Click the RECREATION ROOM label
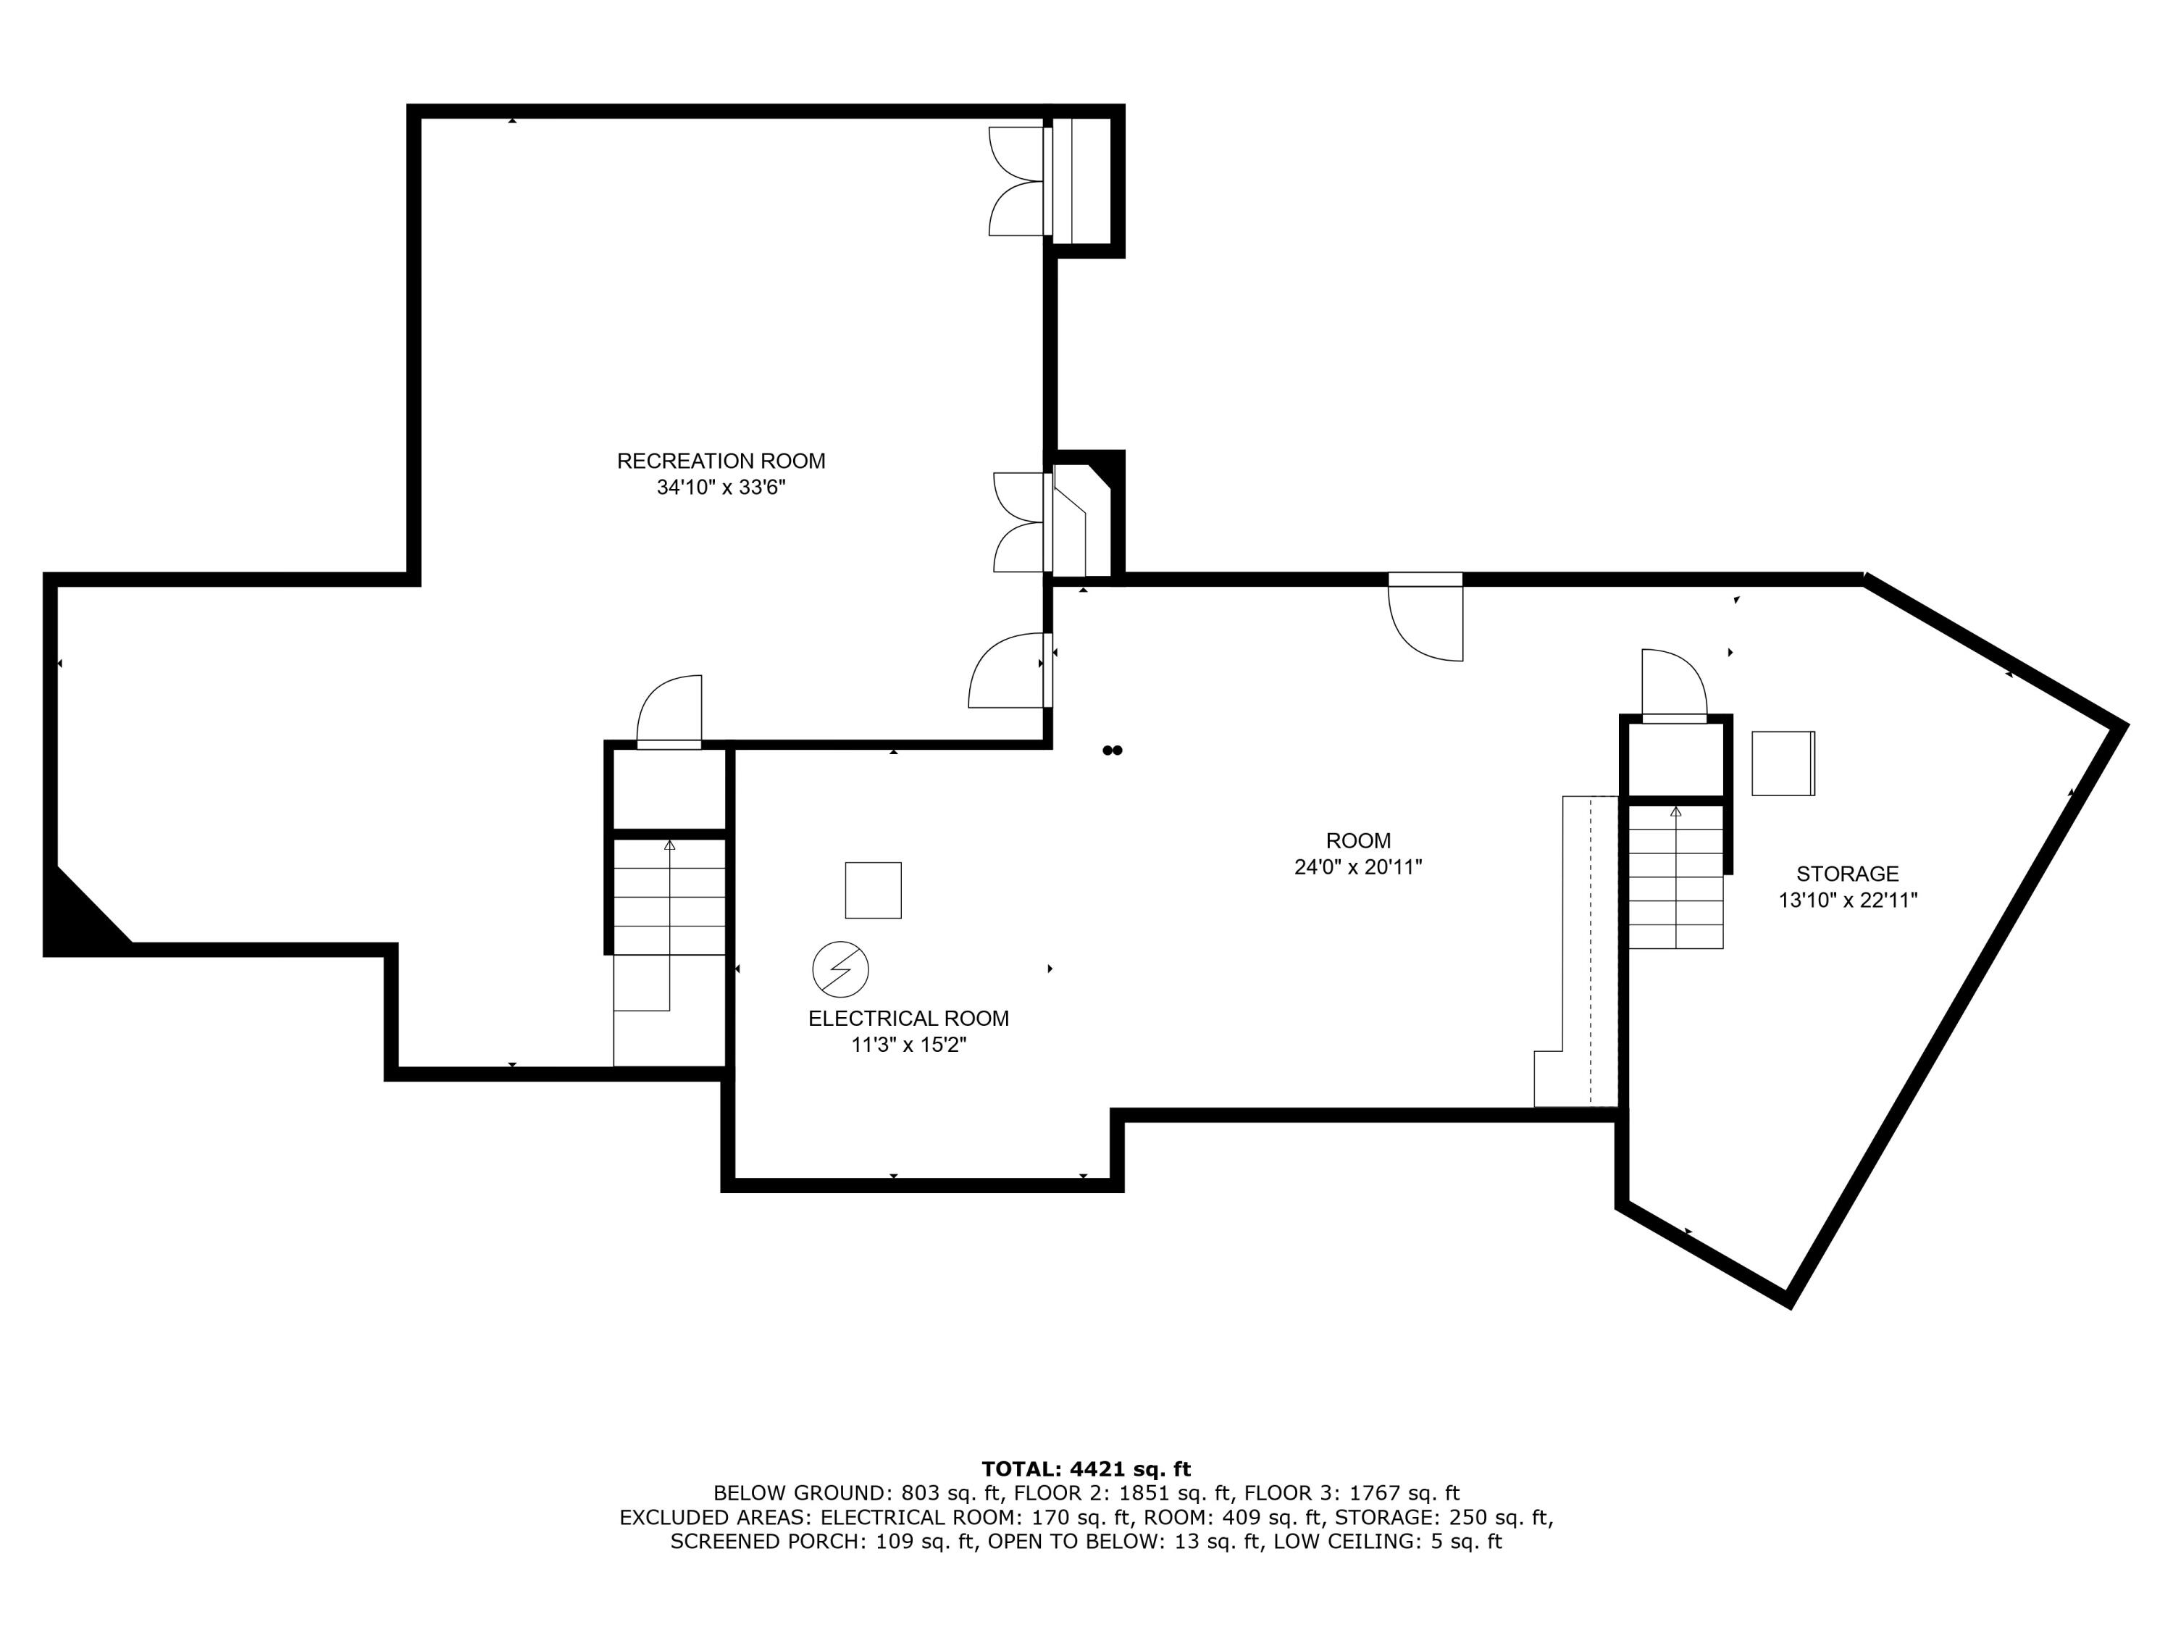tap(720, 461)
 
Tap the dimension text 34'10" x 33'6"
tap(720, 488)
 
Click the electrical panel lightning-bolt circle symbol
tap(840, 970)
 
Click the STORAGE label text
tap(1847, 874)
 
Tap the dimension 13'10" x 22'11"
tap(1847, 900)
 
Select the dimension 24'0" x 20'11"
tap(1357, 866)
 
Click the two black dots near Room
tap(1112, 751)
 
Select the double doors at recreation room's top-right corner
tap(1017, 182)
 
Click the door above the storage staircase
tap(1673, 685)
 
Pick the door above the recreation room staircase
tap(671, 711)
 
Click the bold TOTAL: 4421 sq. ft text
tap(1086, 1469)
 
